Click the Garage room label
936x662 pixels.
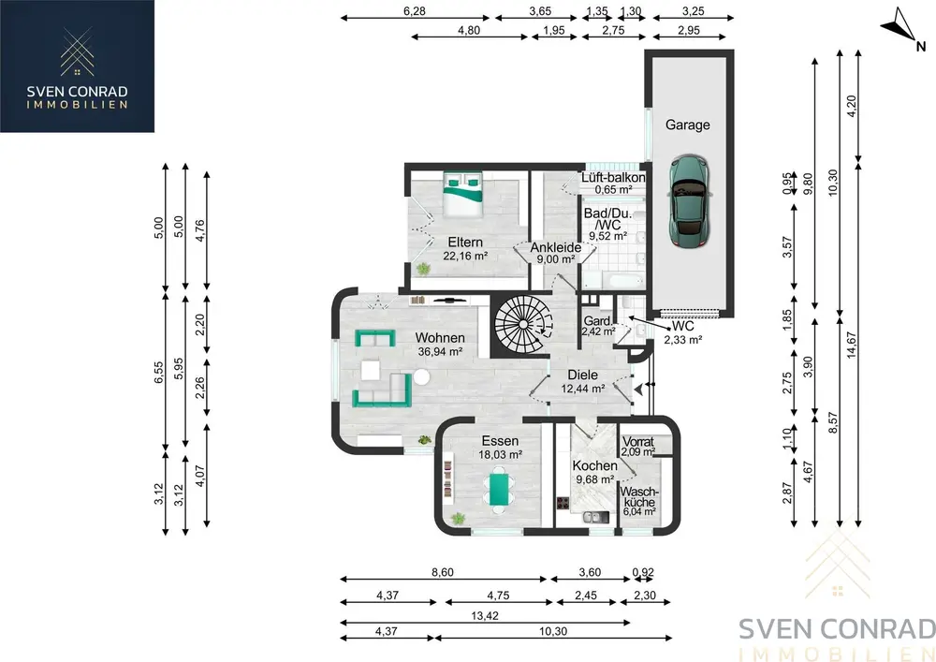pyautogui.click(x=688, y=125)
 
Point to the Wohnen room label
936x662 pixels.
pyautogui.click(x=440, y=338)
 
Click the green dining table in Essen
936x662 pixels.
pyautogui.click(x=500, y=489)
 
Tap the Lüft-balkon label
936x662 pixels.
pyautogui.click(x=613, y=178)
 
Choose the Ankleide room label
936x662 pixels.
pyautogui.click(x=556, y=247)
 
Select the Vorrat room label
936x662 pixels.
pyautogui.click(x=638, y=442)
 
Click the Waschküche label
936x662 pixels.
pyautogui.click(x=638, y=496)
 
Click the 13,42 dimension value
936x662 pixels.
pyautogui.click(x=485, y=615)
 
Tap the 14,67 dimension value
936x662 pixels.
pyautogui.click(x=851, y=345)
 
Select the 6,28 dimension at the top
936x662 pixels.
pyautogui.click(x=415, y=10)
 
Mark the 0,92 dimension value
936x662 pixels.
pyautogui.click(x=643, y=572)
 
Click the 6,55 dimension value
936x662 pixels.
pyautogui.click(x=158, y=373)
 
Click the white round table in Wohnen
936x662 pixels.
pyautogui.click(x=421, y=377)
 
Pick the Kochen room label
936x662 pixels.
pyautogui.click(x=594, y=465)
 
